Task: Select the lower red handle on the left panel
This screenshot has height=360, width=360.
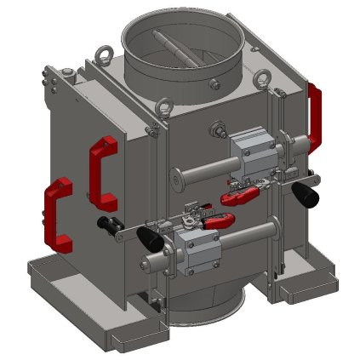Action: [57, 215]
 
